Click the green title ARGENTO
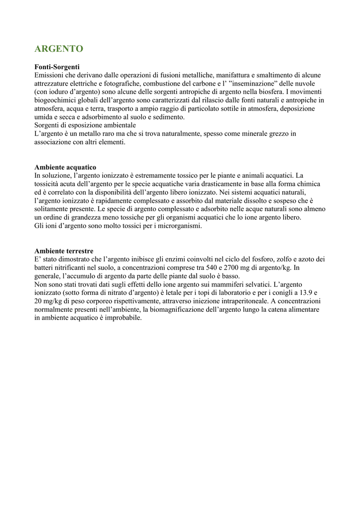[59, 49]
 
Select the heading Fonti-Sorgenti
[57, 66]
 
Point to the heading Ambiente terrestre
[64, 251]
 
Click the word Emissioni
[50, 75]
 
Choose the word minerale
[241, 133]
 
